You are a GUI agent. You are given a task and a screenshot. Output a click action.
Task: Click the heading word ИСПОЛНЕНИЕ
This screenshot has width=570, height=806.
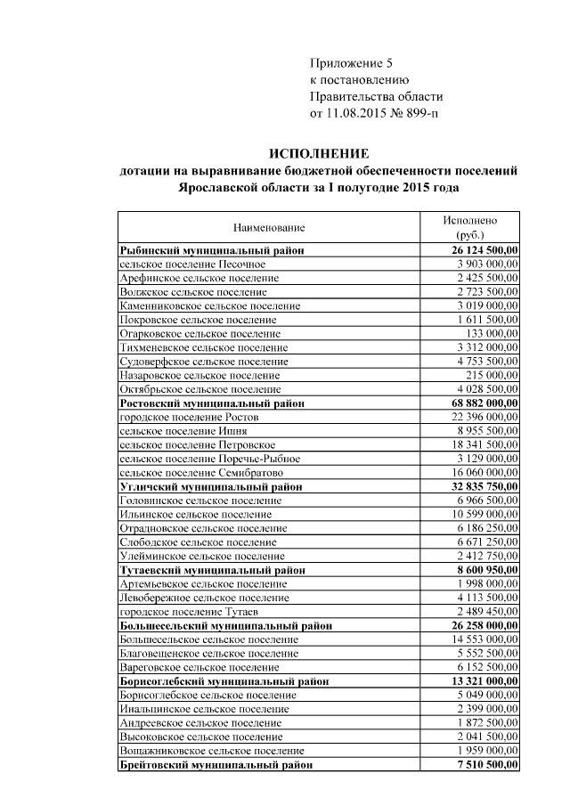(x=319, y=154)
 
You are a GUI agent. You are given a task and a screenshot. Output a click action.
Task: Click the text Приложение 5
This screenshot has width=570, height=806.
(x=350, y=63)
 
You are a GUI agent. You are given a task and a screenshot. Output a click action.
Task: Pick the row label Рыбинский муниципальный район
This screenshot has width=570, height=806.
(x=212, y=251)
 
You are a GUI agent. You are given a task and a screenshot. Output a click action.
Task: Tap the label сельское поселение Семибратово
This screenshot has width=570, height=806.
(x=201, y=472)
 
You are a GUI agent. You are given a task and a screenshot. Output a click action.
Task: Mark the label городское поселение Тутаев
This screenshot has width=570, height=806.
(x=189, y=612)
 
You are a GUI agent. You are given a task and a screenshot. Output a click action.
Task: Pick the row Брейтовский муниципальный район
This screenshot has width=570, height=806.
(x=216, y=764)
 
